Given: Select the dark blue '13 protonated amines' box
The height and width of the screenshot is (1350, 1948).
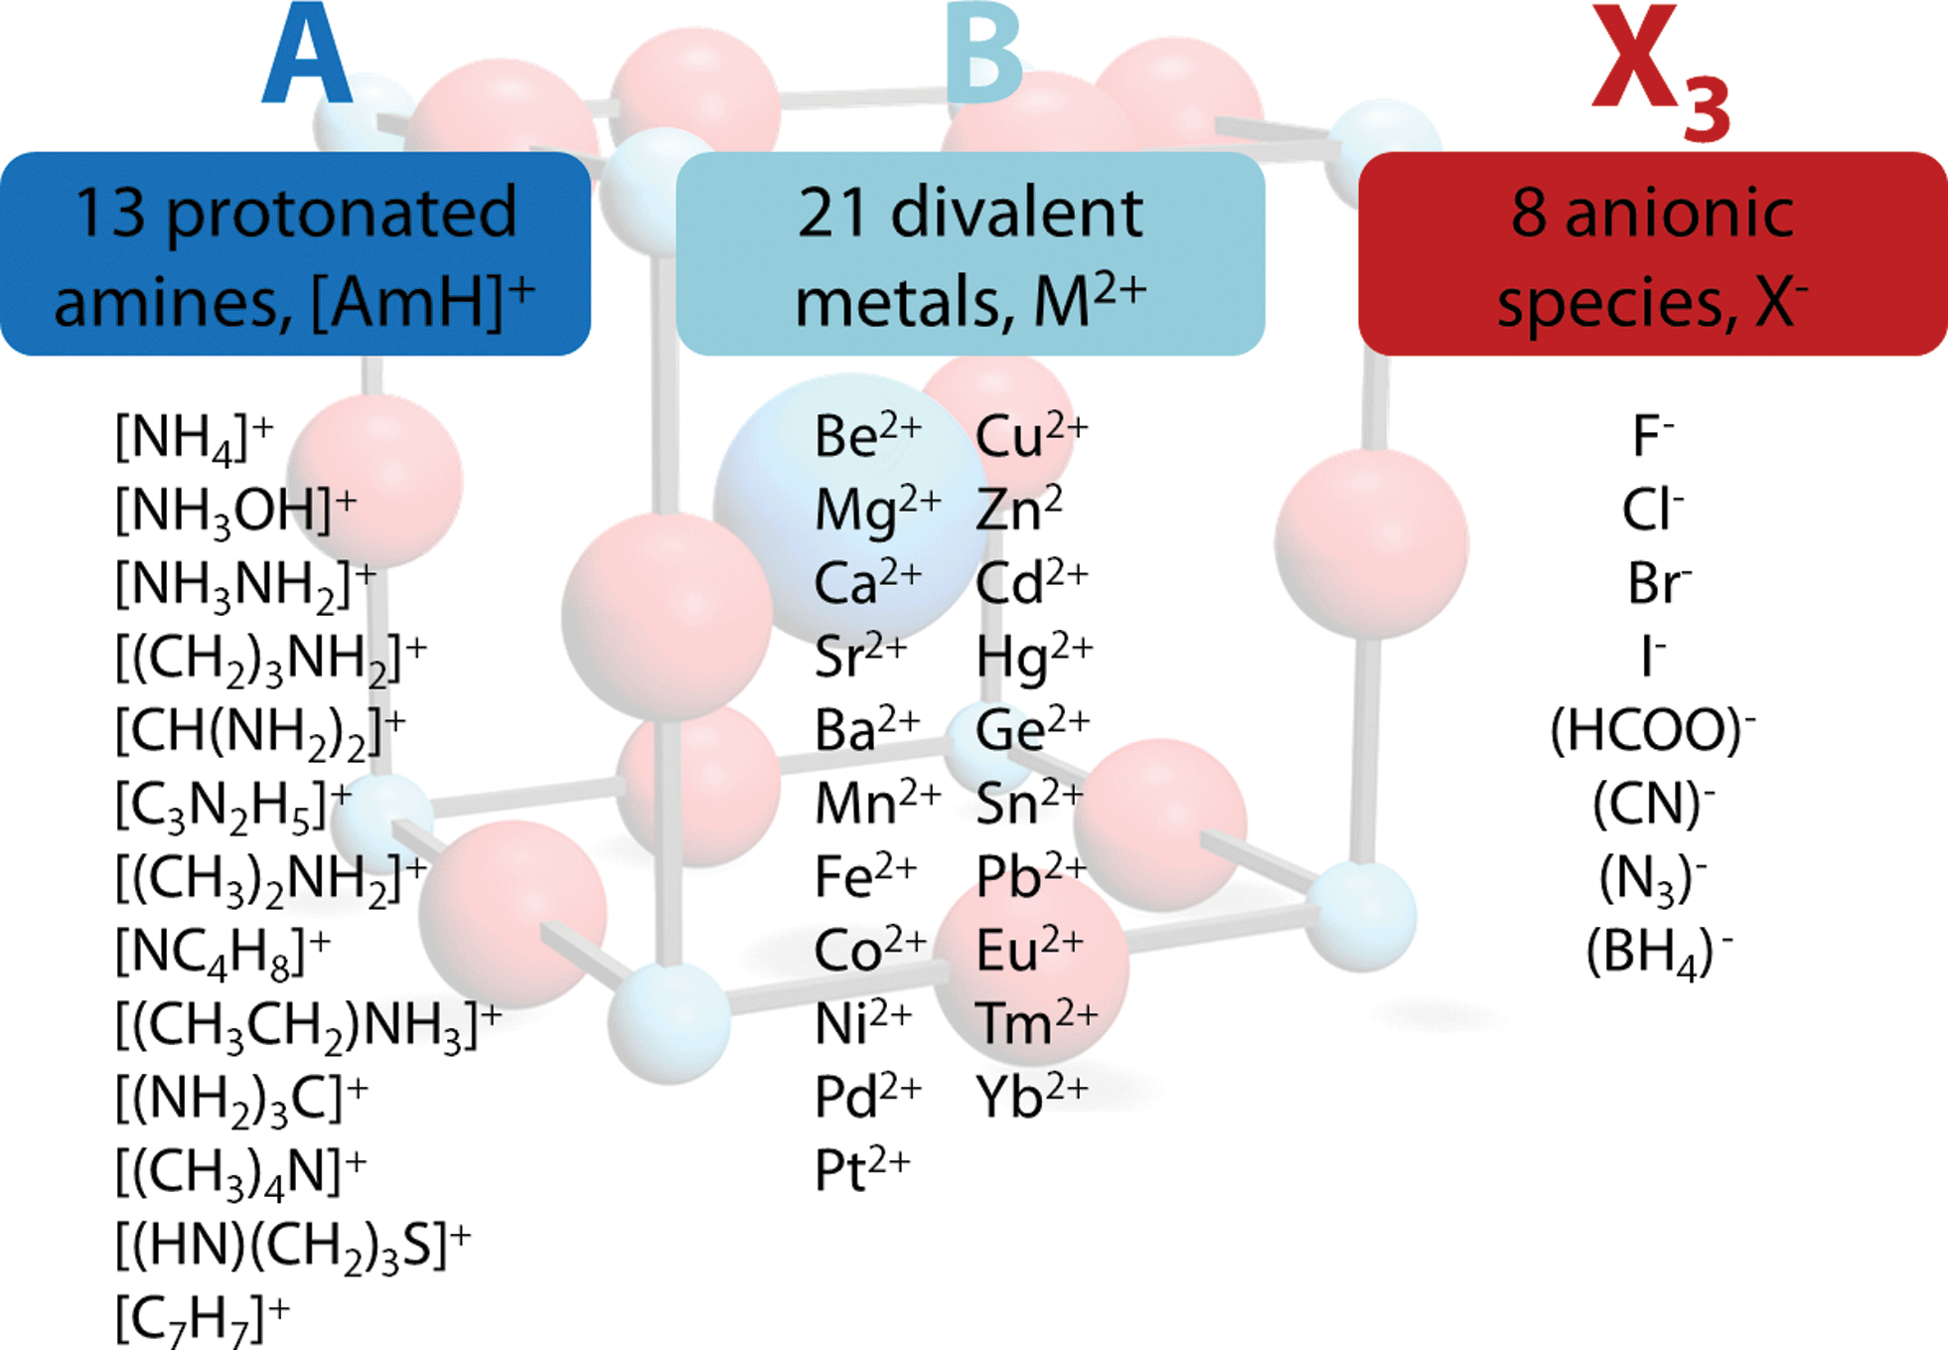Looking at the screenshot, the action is tap(296, 253).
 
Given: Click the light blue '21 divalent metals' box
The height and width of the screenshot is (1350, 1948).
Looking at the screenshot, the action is tap(971, 253).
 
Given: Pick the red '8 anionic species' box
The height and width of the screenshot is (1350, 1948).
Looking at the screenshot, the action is tap(1653, 253).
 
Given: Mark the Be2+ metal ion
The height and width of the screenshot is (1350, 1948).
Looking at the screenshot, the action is tap(868, 436).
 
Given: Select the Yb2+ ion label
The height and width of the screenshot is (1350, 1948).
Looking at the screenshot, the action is tap(1032, 1097).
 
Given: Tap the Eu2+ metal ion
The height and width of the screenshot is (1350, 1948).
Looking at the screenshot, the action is tap(1029, 950).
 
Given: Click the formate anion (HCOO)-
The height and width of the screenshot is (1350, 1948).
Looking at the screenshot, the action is tap(1653, 731).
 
